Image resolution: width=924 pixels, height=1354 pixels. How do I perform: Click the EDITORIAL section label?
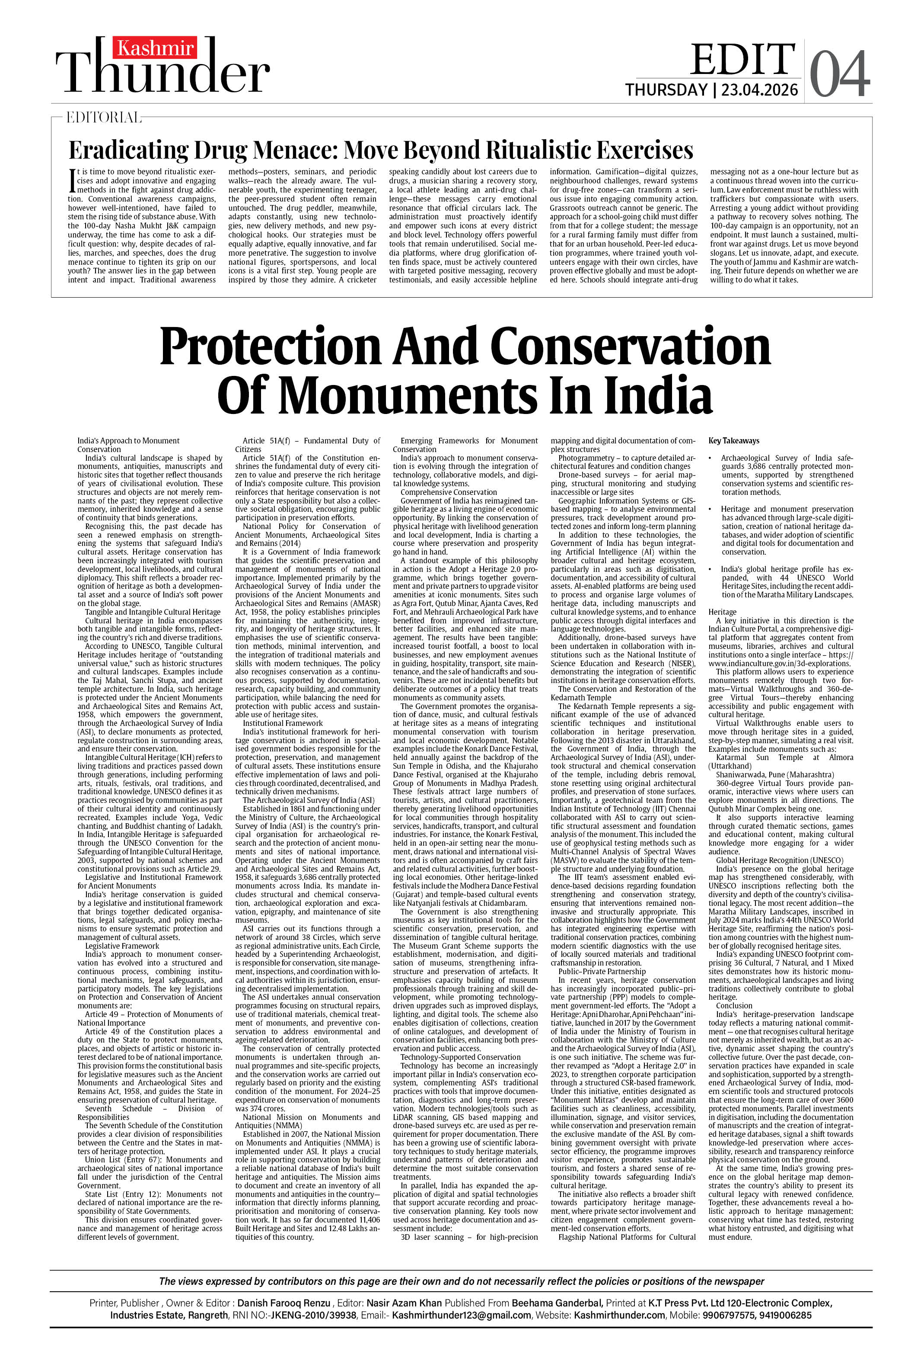coord(104,118)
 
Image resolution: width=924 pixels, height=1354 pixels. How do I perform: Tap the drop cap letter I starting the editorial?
coord(72,181)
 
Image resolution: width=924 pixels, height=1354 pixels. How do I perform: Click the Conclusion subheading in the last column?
coord(734,1006)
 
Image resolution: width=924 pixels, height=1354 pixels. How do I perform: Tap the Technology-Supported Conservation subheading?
coord(461,1057)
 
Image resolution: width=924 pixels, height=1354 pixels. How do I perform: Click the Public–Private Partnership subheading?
coord(602,971)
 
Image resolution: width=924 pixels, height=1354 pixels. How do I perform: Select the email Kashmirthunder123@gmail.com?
coord(461,1315)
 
